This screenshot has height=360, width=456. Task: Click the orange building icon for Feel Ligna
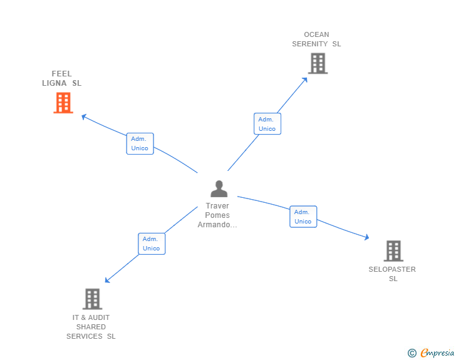pyautogui.click(x=63, y=103)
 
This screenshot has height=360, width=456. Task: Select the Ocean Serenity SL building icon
pyautogui.click(x=318, y=63)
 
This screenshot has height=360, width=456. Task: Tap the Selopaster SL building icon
pyautogui.click(x=393, y=251)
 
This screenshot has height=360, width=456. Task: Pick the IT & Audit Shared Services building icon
pyautogui.click(x=92, y=299)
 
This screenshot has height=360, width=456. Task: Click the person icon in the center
pyautogui.click(x=219, y=188)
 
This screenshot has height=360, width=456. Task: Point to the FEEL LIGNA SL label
pyautogui.click(x=62, y=78)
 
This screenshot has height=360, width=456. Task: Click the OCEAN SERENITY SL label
pyautogui.click(x=316, y=39)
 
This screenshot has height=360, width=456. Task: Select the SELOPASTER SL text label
pyautogui.click(x=392, y=274)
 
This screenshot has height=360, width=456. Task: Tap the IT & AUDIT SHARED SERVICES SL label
pyautogui.click(x=91, y=327)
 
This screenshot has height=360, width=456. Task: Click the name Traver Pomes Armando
pyautogui.click(x=218, y=215)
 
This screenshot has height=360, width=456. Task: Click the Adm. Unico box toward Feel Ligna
pyautogui.click(x=140, y=143)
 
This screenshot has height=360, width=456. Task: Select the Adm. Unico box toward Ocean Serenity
pyautogui.click(x=267, y=124)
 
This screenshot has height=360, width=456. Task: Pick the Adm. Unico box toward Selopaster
pyautogui.click(x=303, y=217)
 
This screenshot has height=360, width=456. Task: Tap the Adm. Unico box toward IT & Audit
pyautogui.click(x=151, y=244)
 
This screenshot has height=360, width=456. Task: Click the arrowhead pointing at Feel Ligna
pyautogui.click(x=85, y=116)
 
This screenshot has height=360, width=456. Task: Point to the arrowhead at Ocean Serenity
pyautogui.click(x=305, y=80)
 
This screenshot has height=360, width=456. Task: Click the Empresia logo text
pyautogui.click(x=437, y=353)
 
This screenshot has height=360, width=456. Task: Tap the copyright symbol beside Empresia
pyautogui.click(x=412, y=353)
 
